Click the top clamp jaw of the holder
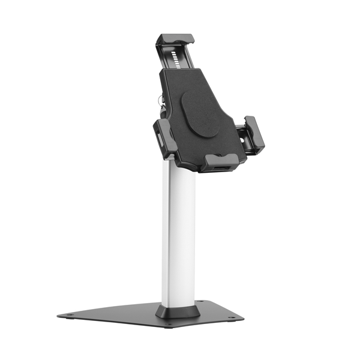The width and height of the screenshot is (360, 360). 175,41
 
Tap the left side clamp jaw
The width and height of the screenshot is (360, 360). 165,136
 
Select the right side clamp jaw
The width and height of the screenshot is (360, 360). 254,135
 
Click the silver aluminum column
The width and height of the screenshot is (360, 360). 178,234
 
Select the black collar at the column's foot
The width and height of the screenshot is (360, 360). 178,311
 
